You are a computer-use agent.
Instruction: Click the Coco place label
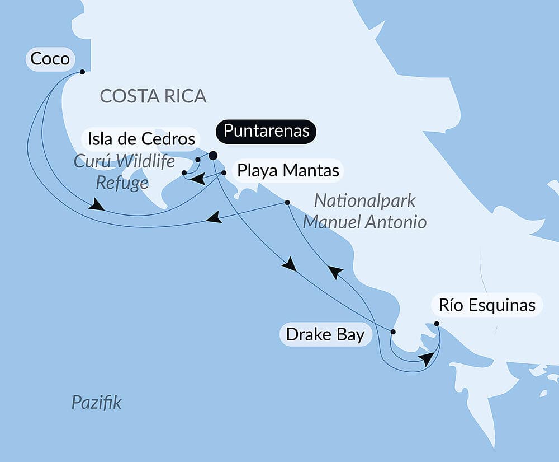[50, 59]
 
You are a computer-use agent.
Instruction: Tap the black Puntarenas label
[266, 131]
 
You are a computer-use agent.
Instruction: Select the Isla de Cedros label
[140, 138]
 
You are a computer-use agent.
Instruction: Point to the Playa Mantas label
[288, 170]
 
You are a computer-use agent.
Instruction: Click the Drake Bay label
[325, 335]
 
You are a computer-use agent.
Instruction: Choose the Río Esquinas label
[487, 306]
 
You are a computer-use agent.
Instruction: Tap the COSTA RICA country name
[153, 96]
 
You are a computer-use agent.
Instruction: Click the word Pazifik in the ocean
[96, 402]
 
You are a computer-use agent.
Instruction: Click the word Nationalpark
[365, 201]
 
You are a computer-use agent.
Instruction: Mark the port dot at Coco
[82, 72]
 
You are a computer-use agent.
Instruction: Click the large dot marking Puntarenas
[213, 156]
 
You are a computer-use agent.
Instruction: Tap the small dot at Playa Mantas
[224, 173]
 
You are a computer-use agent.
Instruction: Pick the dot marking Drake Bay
[392, 332]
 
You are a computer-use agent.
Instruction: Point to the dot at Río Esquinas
[437, 324]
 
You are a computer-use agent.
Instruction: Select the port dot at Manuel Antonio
[287, 202]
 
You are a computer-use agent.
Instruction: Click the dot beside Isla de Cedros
[198, 160]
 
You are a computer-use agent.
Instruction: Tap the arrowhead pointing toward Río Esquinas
[427, 359]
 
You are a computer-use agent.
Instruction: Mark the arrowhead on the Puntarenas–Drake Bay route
[290, 264]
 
